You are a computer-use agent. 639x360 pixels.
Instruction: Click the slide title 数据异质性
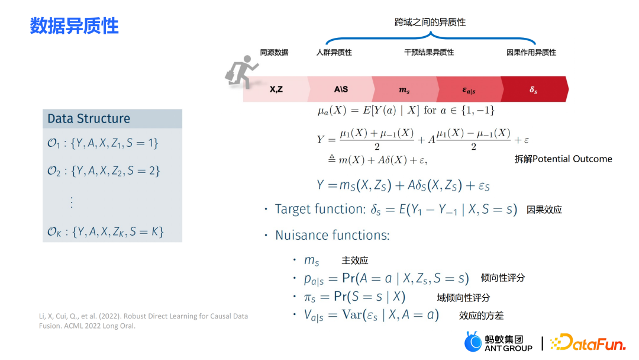click(x=74, y=26)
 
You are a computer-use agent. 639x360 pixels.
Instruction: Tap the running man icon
click(x=241, y=72)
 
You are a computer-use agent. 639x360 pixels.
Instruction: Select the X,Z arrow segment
click(x=276, y=89)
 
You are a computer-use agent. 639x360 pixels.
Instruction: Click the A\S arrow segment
click(x=341, y=89)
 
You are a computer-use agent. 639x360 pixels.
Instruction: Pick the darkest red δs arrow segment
click(x=534, y=89)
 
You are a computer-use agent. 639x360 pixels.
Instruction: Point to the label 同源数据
click(x=275, y=52)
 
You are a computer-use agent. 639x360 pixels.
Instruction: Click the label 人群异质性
click(x=334, y=52)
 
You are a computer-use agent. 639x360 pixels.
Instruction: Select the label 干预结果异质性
click(x=429, y=52)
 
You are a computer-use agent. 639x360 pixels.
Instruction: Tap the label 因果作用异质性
click(x=531, y=52)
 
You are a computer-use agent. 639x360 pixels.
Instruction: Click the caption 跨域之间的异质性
click(x=430, y=22)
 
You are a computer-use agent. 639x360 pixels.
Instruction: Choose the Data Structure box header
click(x=112, y=118)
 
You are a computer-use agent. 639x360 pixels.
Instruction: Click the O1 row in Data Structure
click(x=103, y=143)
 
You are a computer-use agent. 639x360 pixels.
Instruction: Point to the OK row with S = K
click(x=105, y=232)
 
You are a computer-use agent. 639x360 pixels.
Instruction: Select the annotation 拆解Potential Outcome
click(x=563, y=159)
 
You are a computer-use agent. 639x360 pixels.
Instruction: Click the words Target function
click(x=320, y=209)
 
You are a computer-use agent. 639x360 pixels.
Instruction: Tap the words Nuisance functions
click(x=332, y=235)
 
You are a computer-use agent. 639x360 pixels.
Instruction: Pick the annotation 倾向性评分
click(x=503, y=278)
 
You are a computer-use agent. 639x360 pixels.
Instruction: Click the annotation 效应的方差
click(x=481, y=316)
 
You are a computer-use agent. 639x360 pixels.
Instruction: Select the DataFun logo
click(x=588, y=342)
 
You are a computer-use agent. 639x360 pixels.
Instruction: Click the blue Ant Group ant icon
click(x=473, y=342)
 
